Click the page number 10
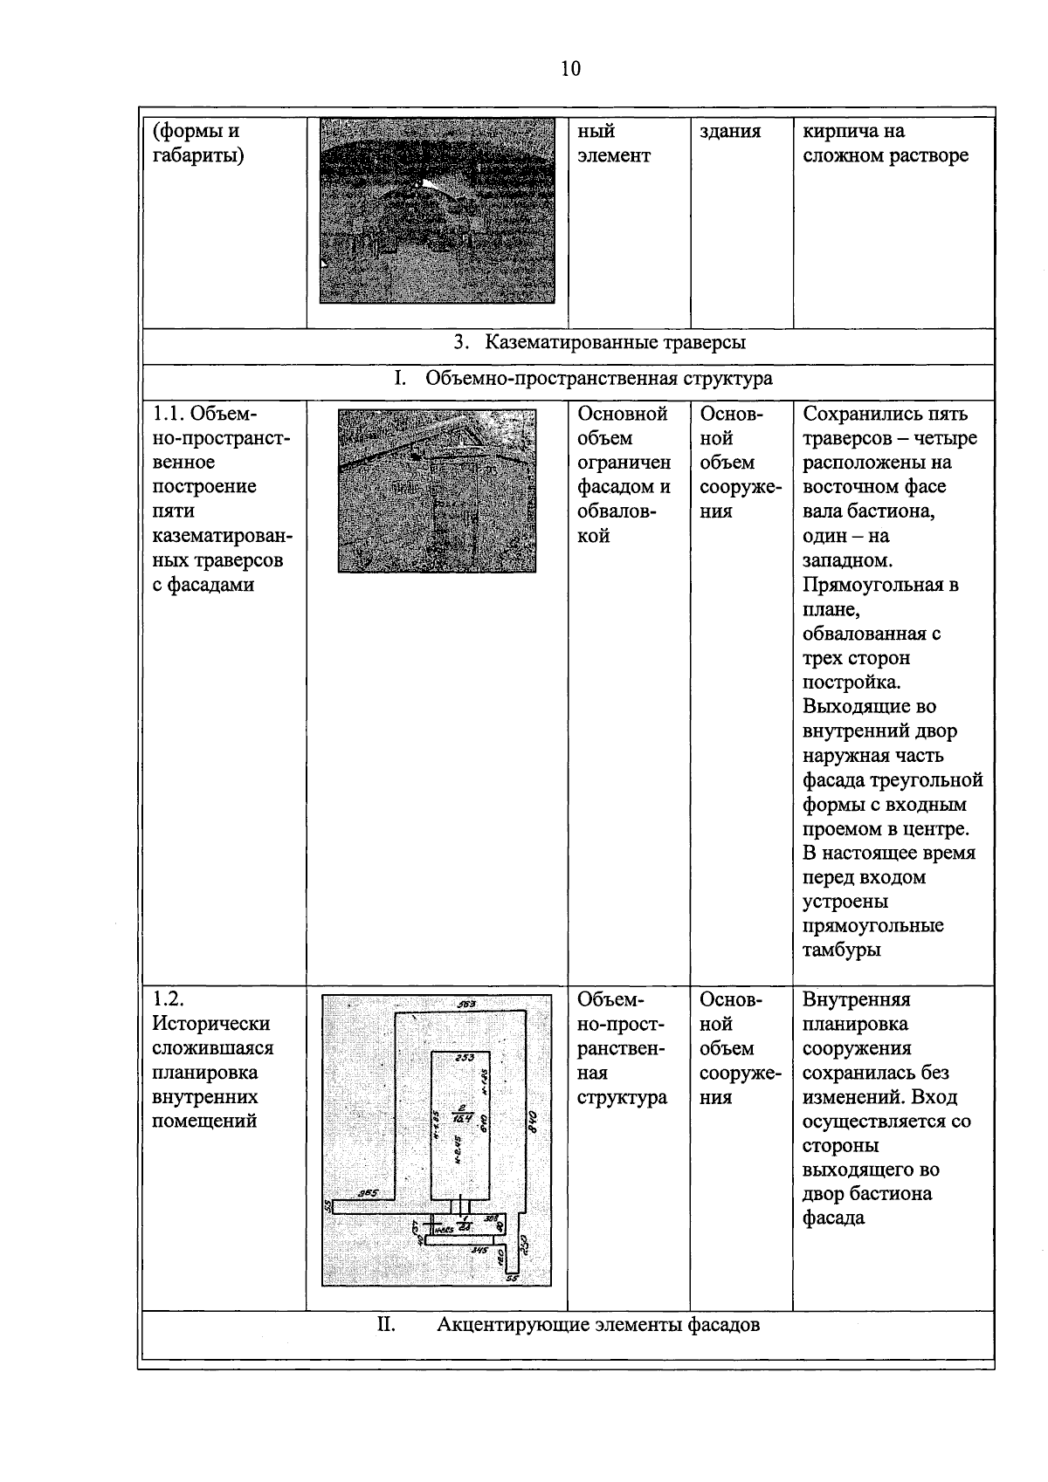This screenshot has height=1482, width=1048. pos(570,69)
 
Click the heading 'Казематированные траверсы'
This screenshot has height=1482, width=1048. pos(615,342)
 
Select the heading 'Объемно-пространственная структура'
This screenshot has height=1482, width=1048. pos(598,379)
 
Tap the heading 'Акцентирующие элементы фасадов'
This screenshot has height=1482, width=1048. pos(597,1325)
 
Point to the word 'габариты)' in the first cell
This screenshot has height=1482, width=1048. pos(198,156)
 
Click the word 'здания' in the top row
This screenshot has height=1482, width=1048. pos(730,132)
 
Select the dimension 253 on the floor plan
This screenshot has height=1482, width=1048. pos(465,1058)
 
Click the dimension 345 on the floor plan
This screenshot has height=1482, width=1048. pos(479,1250)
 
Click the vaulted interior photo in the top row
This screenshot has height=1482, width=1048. pos(437,210)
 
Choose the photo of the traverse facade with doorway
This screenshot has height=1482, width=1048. pos(437,491)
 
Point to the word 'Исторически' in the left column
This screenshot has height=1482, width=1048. pos(210,1024)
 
